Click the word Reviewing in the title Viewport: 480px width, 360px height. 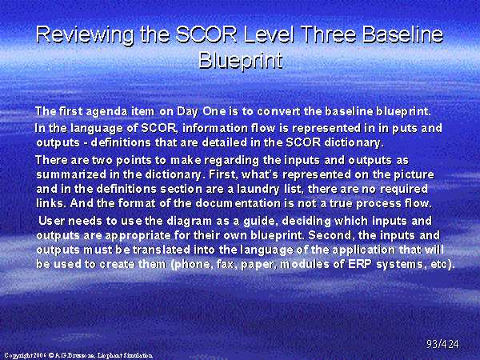point(85,35)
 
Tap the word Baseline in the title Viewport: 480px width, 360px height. point(402,34)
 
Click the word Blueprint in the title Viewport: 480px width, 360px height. point(240,60)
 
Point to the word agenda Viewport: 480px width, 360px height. point(106,111)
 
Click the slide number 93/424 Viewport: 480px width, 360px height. point(442,344)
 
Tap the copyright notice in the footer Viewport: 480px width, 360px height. point(78,355)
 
